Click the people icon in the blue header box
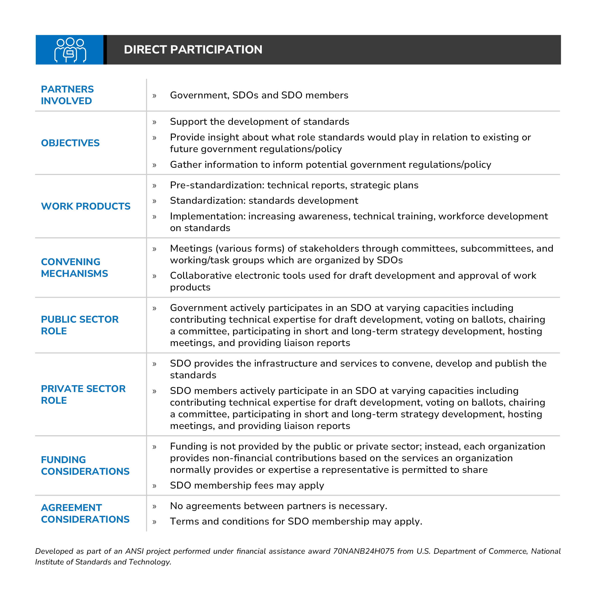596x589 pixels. click(x=70, y=50)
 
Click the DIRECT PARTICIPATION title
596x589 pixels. click(x=193, y=50)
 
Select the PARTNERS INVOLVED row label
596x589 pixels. click(x=67, y=95)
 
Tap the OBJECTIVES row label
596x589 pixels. click(x=70, y=143)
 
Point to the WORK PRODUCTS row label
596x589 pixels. click(x=86, y=206)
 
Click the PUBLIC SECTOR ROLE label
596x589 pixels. click(x=80, y=325)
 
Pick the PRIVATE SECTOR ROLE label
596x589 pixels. click(x=83, y=394)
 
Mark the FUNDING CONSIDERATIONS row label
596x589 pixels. click(x=85, y=465)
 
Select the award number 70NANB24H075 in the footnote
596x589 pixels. click(x=363, y=551)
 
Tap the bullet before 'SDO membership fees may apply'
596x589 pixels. click(x=154, y=486)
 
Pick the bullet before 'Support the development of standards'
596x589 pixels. click(x=154, y=122)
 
